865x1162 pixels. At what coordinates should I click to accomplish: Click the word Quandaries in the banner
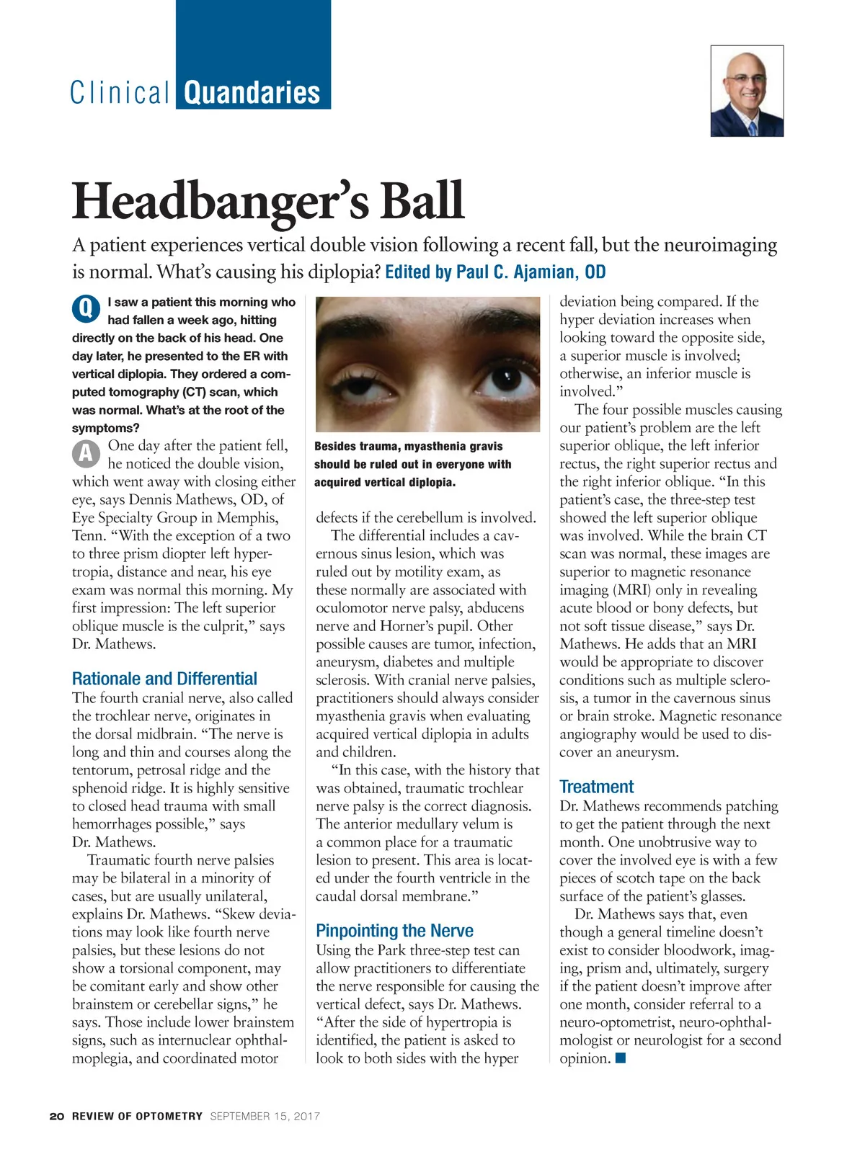pos(252,93)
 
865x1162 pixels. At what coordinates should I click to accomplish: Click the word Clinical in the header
pos(120,93)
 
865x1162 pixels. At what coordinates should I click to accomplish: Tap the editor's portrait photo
pos(747,91)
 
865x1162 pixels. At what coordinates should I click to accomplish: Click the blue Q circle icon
pos(86,309)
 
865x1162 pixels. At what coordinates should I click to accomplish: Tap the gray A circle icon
pos(86,453)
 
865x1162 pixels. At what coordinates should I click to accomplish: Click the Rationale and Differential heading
pos(164,679)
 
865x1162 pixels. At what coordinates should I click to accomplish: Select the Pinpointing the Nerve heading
pos(394,930)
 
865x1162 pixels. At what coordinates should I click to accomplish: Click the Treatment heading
pos(596,787)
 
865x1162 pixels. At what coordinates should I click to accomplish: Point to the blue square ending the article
pos(621,1058)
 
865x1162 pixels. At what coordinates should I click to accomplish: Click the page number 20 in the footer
pos(57,1116)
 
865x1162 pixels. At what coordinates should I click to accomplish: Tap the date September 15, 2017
pos(265,1116)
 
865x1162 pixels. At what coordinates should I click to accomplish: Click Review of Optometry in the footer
pos(137,1116)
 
